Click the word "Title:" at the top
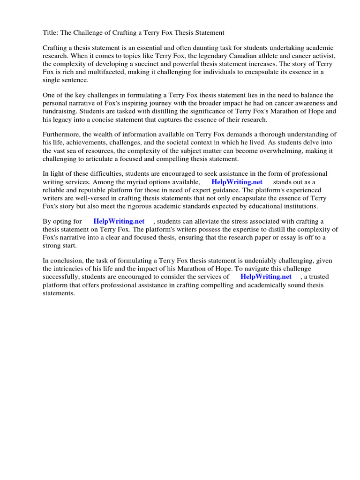[51, 33]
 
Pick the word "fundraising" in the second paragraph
[60, 111]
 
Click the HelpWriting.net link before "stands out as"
[237, 182]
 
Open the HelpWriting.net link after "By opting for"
[119, 221]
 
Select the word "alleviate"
[205, 221]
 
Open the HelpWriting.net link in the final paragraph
[265, 277]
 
